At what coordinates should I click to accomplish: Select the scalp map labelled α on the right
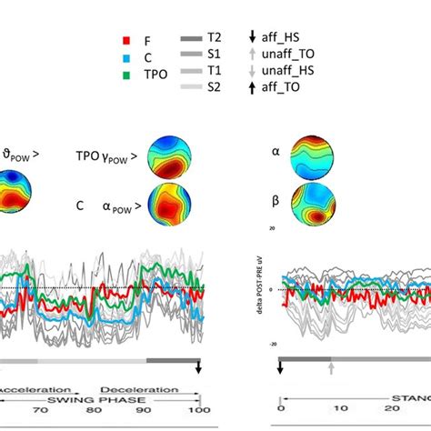[313, 155]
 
